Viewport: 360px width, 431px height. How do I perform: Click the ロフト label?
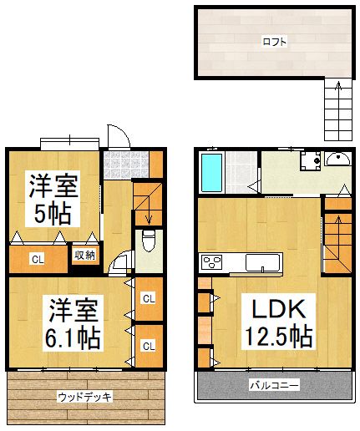coord(274,41)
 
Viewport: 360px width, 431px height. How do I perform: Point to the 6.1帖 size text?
coord(71,337)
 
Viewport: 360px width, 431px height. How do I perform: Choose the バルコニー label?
coord(275,385)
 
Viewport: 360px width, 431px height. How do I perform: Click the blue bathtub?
coord(212,172)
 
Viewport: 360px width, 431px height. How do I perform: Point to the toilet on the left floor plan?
coord(149,242)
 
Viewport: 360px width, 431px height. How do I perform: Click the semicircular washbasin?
coord(337,159)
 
